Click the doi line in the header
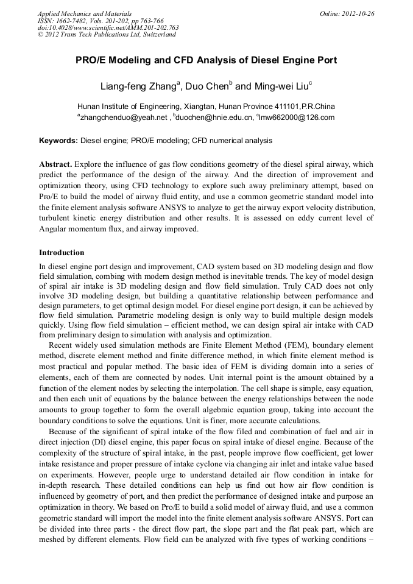tap(108, 27)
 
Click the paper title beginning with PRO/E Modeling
tap(206, 61)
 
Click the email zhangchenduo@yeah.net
tap(124, 118)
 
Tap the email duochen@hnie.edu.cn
tap(214, 118)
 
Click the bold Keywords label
tap(58, 141)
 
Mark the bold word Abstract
tap(55, 165)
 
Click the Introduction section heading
tap(62, 253)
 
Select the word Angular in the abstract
tap(54, 228)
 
